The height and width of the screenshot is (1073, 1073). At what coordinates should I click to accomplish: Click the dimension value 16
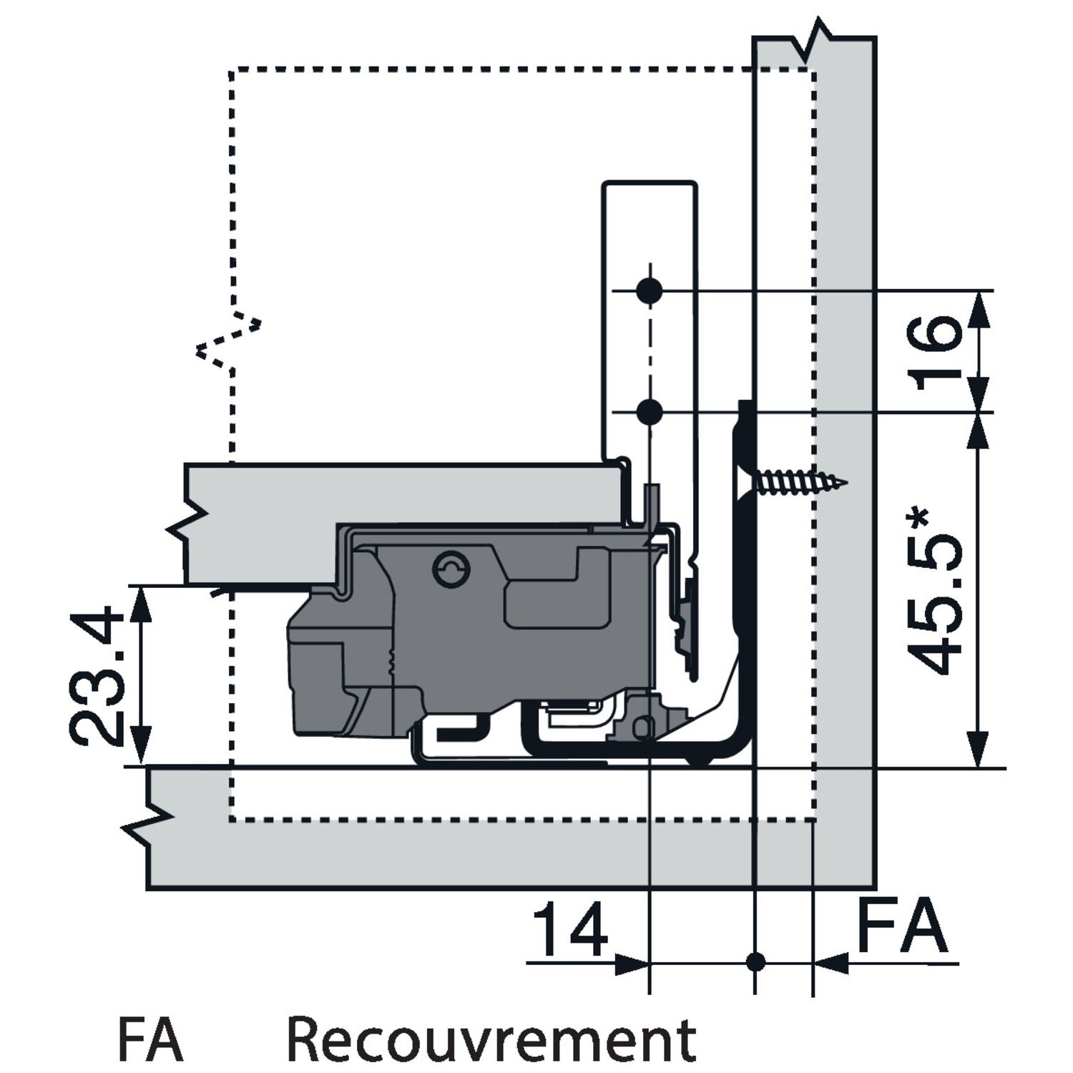click(937, 352)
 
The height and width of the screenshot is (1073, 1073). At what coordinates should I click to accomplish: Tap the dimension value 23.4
click(97, 675)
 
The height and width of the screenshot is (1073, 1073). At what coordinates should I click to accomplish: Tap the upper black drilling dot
click(649, 290)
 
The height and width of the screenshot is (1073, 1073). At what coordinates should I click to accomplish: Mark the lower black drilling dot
click(649, 412)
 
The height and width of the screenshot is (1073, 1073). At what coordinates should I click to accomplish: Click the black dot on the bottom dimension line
click(755, 962)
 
